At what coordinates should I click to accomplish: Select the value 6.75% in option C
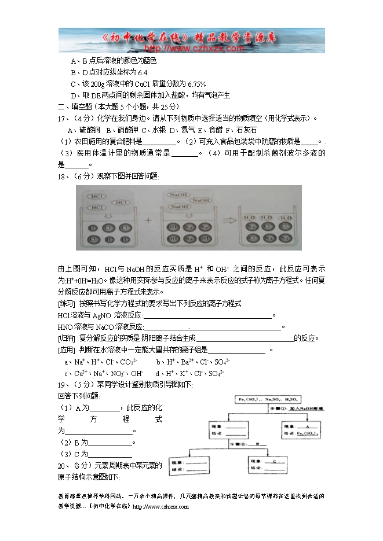point(198,84)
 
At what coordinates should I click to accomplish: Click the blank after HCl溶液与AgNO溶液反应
point(207,315)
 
